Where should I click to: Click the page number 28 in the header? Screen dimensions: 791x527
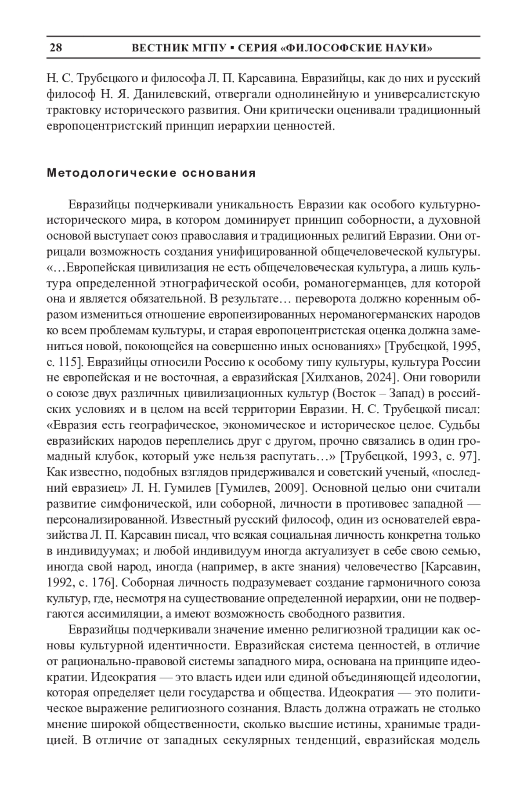56,48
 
